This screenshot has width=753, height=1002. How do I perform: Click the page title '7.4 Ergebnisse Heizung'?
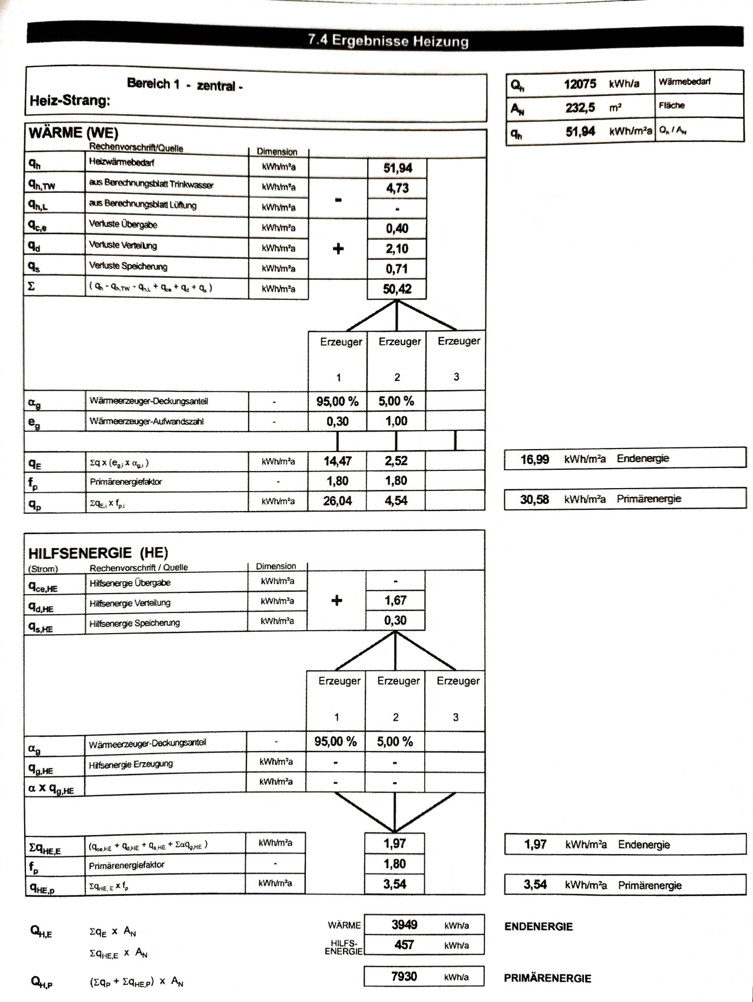pyautogui.click(x=388, y=41)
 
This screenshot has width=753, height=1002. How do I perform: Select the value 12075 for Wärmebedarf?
pyautogui.click(x=580, y=84)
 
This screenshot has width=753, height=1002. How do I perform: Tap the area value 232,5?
pyautogui.click(x=580, y=108)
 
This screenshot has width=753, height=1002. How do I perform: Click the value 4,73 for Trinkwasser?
pyautogui.click(x=397, y=189)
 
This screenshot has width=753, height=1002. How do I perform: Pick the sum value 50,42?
pyautogui.click(x=397, y=289)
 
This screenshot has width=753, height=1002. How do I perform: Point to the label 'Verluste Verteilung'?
pyautogui.click(x=123, y=245)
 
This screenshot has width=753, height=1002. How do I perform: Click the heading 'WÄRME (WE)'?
pyautogui.click(x=73, y=133)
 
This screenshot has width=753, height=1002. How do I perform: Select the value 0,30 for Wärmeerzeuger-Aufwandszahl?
pyautogui.click(x=338, y=421)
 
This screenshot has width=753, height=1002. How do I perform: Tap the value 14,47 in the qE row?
pyautogui.click(x=337, y=461)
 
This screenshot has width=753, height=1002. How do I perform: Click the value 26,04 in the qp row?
pyautogui.click(x=337, y=501)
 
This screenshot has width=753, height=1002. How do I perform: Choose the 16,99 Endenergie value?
pyautogui.click(x=534, y=459)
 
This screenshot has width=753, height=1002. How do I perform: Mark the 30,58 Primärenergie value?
pyautogui.click(x=534, y=500)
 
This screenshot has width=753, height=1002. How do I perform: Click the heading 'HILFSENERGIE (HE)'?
pyautogui.click(x=98, y=553)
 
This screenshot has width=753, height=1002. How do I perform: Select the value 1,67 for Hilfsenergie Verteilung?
pyautogui.click(x=395, y=601)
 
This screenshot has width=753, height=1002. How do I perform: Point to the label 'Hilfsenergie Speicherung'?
pyautogui.click(x=134, y=623)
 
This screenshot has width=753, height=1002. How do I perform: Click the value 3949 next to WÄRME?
pyautogui.click(x=404, y=925)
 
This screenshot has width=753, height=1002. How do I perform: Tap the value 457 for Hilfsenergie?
pyautogui.click(x=404, y=945)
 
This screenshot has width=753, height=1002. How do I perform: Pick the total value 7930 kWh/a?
pyautogui.click(x=404, y=977)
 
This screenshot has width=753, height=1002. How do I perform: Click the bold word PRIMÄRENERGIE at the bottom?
pyautogui.click(x=547, y=978)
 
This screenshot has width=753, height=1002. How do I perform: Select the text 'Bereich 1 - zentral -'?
pyautogui.click(x=185, y=85)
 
